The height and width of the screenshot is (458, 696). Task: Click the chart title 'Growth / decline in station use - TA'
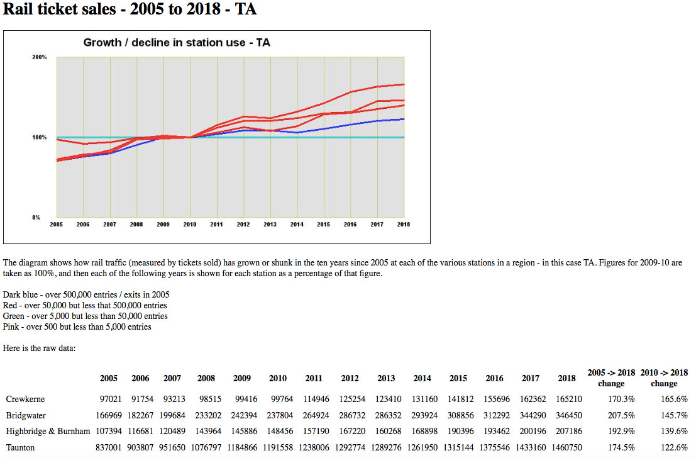177,43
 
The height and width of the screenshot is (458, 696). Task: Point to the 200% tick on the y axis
40,57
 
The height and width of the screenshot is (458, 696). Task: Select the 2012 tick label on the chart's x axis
243,224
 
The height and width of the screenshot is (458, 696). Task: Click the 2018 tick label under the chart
404,224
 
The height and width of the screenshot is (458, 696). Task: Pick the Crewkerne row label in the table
25,399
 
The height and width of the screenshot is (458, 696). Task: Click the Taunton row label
21,447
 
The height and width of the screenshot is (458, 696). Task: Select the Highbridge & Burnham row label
48,432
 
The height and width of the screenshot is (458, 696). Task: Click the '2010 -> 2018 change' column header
664,377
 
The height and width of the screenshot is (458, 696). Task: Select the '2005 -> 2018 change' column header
611,377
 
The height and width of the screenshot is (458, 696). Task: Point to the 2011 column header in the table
314,378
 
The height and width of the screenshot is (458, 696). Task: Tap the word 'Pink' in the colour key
11,327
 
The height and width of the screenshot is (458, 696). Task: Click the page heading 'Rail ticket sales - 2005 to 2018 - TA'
130,10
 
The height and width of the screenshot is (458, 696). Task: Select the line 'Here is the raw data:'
39,348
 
